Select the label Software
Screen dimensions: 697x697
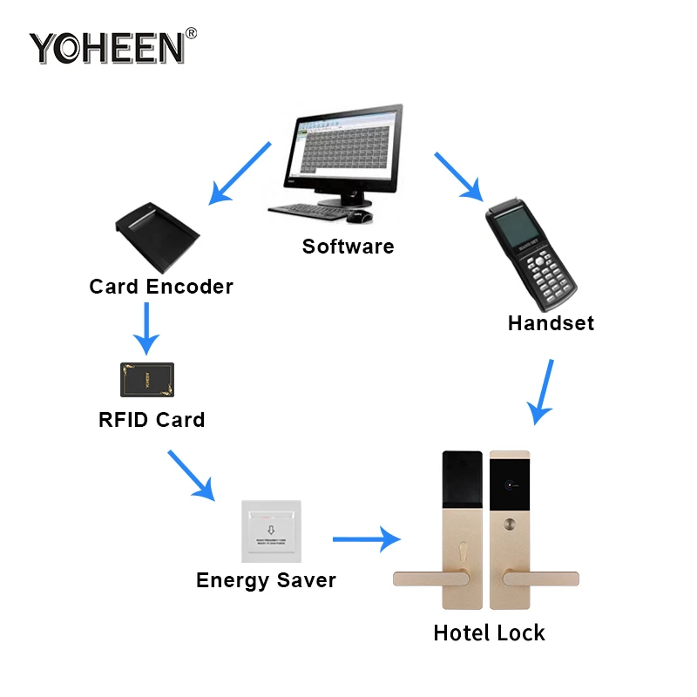click(x=348, y=247)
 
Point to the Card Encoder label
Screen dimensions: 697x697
click(x=161, y=287)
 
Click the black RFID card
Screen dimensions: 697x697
click(x=146, y=380)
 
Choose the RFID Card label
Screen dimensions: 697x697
click(x=152, y=420)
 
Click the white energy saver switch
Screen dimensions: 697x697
click(x=270, y=531)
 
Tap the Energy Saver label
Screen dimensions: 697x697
click(x=266, y=580)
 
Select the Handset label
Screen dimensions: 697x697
click(x=551, y=323)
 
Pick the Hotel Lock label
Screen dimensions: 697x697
click(x=489, y=633)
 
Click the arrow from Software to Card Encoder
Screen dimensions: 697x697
click(x=240, y=173)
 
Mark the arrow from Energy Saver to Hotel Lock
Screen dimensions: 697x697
click(x=365, y=540)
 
